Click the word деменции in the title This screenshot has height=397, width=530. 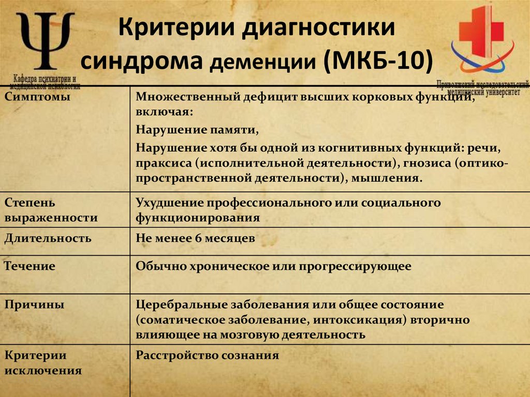(264, 63)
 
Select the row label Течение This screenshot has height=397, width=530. (30, 267)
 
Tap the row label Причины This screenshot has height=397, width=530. (35, 305)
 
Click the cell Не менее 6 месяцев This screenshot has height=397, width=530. (195, 239)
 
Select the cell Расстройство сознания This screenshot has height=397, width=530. (207, 356)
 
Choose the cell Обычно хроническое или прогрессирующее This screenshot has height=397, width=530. (273, 267)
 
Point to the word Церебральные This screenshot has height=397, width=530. (176, 305)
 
